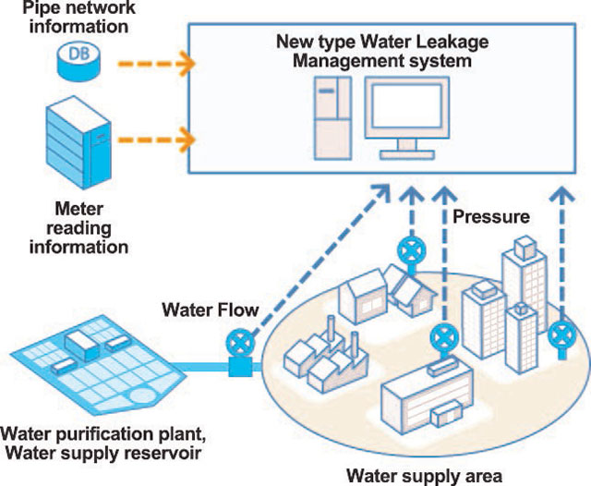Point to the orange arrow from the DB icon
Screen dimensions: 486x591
click(x=157, y=64)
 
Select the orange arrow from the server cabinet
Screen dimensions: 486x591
click(x=157, y=140)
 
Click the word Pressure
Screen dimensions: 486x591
click(x=491, y=218)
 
